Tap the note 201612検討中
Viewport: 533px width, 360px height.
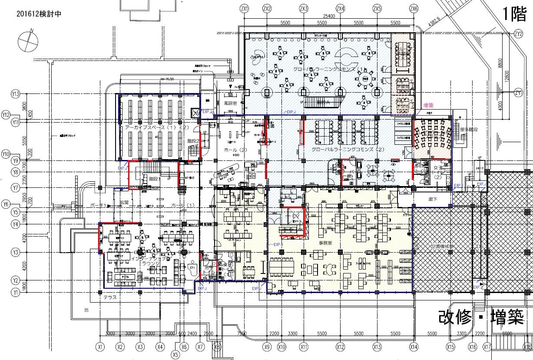coord(39,14)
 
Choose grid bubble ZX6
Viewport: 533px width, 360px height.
coord(414,8)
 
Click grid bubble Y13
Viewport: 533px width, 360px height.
coord(17,94)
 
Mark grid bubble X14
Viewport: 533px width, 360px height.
coord(414,347)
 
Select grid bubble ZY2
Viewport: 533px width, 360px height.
coord(518,33)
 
